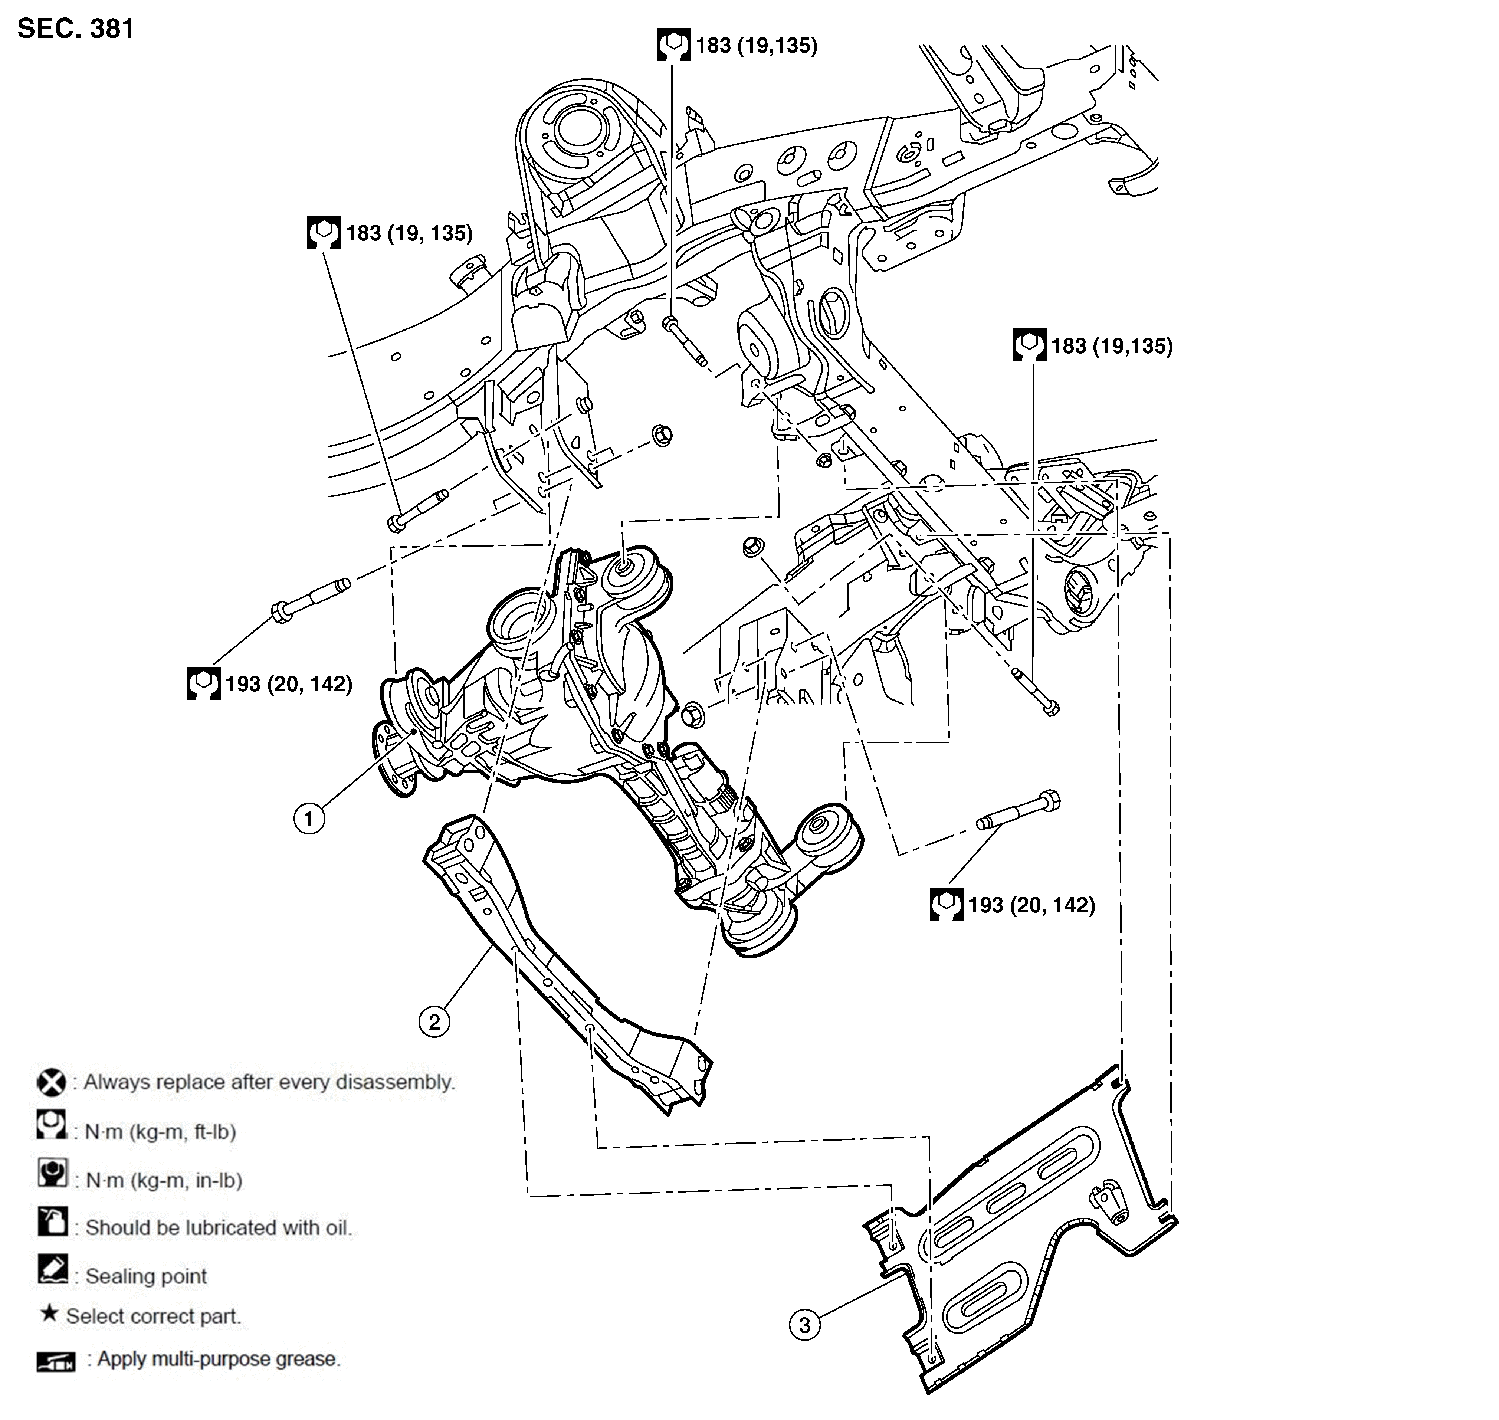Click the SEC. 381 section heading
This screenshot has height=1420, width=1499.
click(x=76, y=29)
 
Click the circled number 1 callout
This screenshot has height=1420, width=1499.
click(x=309, y=819)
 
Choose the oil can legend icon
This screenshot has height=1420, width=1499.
click(x=52, y=1222)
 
